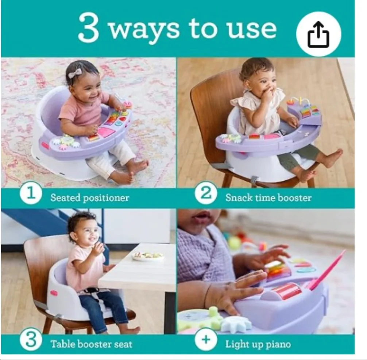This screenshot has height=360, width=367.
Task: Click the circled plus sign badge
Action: (x=206, y=340)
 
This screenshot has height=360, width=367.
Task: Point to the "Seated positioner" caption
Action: (x=90, y=198)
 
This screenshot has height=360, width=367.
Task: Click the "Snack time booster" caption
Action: (x=268, y=198)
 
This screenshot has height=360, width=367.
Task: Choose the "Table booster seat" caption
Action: (x=91, y=344)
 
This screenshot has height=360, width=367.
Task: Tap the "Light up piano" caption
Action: (x=258, y=344)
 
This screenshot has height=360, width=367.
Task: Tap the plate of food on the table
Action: (x=148, y=256)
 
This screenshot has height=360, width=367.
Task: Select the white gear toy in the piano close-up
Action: (x=237, y=324)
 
